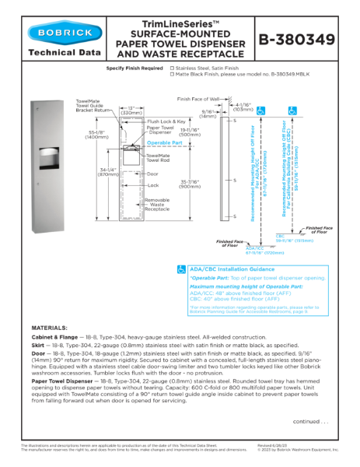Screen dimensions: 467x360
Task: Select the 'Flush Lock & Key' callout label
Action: pyautogui.click(x=166, y=121)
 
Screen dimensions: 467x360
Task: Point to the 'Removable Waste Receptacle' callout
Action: pyautogui.click(x=157, y=205)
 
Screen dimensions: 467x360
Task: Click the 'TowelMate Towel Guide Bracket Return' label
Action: pyautogui.click(x=88, y=106)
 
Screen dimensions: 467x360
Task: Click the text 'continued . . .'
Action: pyautogui.click(x=309, y=421)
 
